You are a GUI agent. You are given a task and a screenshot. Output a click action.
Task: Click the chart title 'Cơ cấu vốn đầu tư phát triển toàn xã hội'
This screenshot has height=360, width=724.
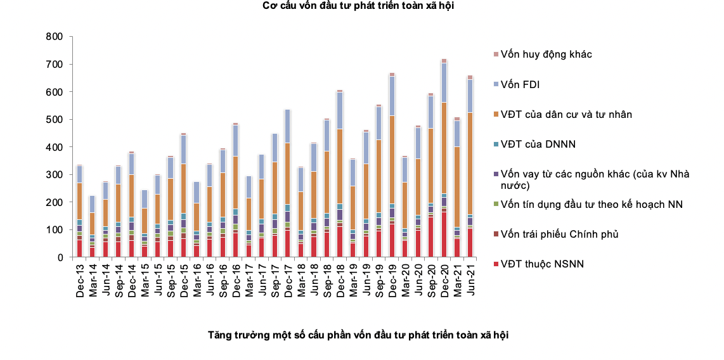tap(358, 6)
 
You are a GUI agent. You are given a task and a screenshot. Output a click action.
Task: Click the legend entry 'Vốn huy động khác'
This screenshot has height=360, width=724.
tap(546, 55)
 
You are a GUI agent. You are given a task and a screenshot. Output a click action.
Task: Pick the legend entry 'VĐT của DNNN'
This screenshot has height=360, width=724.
tap(538, 145)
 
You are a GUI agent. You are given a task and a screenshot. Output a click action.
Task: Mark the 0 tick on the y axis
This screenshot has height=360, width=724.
tap(60, 257)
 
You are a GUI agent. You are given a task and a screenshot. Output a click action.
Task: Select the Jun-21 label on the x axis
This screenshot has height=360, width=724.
tap(470, 277)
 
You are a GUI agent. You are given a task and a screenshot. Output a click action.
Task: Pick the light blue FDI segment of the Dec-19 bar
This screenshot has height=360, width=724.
tap(392, 96)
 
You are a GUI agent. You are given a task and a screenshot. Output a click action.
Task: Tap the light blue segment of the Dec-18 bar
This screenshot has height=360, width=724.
tap(340, 111)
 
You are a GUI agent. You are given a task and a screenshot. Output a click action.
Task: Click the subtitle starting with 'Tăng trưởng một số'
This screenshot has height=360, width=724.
tap(358, 334)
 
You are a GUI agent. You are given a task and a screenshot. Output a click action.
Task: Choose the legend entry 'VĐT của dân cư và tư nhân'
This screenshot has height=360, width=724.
tap(566, 115)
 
